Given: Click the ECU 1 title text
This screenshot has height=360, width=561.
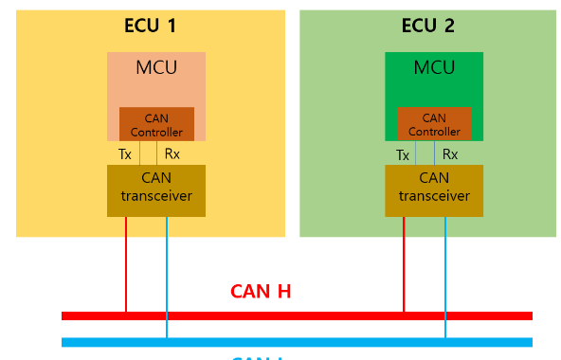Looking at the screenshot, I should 150,26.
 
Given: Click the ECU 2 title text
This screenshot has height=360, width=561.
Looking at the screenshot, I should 428,26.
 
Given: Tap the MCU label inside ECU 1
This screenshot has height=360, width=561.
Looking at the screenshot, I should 155,68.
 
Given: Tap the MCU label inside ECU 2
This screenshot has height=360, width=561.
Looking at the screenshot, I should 434,68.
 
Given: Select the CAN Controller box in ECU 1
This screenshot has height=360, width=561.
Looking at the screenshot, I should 156,124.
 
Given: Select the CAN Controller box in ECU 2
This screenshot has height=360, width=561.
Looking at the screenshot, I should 434,124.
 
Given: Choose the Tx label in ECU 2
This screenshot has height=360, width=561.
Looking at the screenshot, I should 403,154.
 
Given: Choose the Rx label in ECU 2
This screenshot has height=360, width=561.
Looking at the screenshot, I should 450,154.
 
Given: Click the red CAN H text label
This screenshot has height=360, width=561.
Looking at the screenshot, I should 261,291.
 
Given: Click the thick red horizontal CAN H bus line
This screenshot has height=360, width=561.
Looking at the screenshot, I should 297,315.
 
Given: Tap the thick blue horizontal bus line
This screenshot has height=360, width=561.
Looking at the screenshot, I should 297,342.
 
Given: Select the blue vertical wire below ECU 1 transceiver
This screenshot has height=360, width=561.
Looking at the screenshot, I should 167,275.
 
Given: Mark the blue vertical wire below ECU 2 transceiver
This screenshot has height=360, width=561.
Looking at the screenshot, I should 444,275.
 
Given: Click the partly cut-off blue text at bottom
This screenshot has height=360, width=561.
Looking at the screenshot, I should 259,357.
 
